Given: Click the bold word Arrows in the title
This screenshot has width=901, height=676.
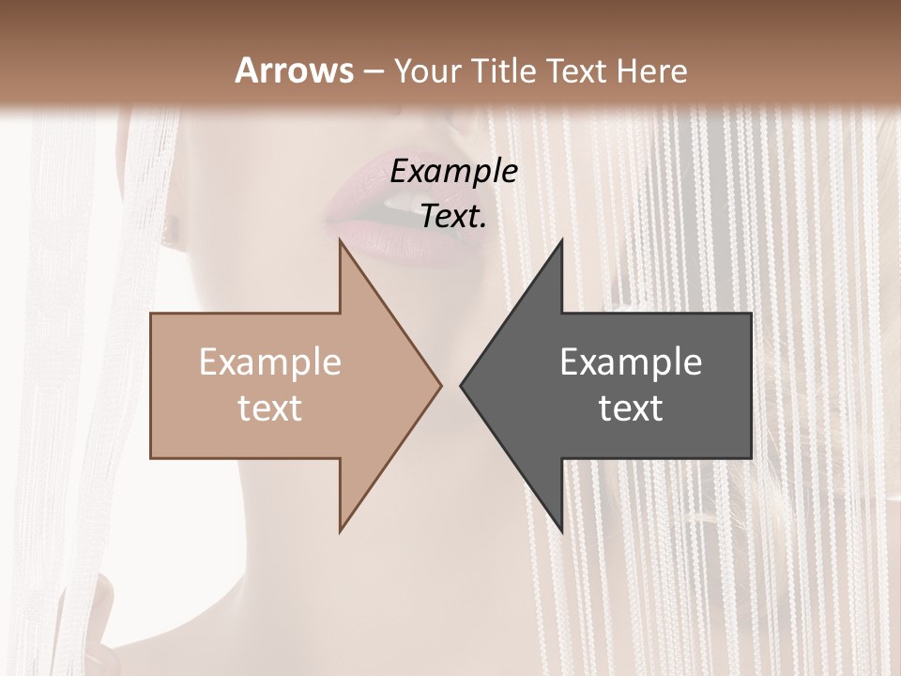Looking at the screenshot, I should point(295,70).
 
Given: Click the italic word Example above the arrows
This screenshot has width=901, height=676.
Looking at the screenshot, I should point(454,171).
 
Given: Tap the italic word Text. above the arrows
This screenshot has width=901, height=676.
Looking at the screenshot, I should point(454,216).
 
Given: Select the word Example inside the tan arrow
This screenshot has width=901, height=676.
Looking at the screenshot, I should point(270,362).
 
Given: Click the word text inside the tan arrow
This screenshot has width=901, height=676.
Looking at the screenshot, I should point(270,407).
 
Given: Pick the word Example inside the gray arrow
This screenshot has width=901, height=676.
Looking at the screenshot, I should point(631,362).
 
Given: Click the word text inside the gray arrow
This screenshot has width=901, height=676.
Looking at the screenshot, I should point(631,407).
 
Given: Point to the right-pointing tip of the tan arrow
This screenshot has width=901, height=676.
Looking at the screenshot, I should point(440,385).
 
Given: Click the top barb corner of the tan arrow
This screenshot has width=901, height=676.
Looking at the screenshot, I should point(341,241).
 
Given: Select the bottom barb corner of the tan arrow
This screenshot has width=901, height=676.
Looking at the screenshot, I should point(341,530).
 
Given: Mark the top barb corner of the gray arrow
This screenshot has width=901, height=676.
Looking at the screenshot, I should point(561,241).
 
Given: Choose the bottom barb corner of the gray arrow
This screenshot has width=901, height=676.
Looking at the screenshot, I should point(561,530).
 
